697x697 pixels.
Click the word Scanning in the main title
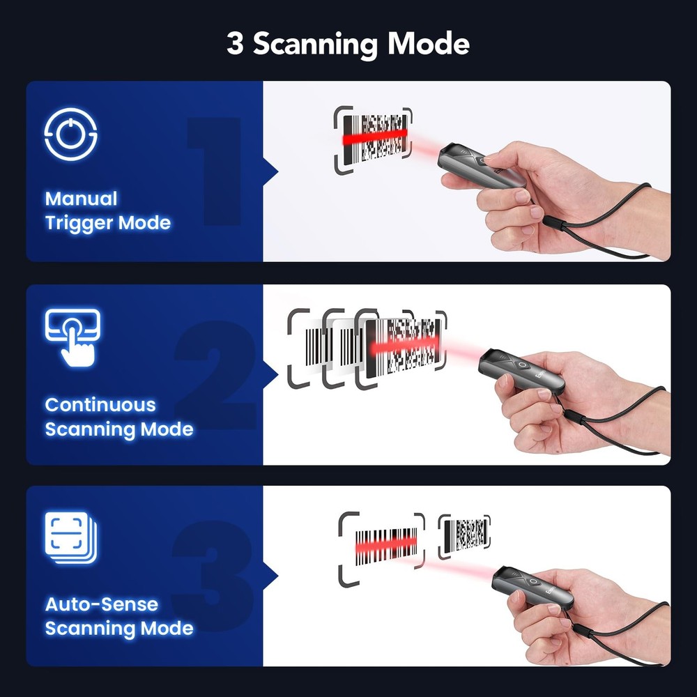[x=316, y=45]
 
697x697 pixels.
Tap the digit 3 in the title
[x=235, y=43]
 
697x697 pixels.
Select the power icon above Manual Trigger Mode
[x=70, y=135]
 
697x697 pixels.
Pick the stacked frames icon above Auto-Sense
[x=71, y=538]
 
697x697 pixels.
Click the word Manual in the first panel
[x=82, y=199]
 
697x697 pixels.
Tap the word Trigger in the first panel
[x=79, y=223]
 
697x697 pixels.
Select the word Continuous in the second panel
[x=100, y=405]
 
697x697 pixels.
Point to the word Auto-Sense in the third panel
[x=102, y=604]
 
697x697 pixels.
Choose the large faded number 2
[x=216, y=375]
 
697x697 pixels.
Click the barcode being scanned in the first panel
[x=376, y=138]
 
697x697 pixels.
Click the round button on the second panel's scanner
[x=523, y=365]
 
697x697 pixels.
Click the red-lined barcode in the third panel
[x=386, y=546]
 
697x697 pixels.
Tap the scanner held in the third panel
[x=533, y=588]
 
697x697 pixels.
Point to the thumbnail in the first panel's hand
[x=522, y=196]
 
